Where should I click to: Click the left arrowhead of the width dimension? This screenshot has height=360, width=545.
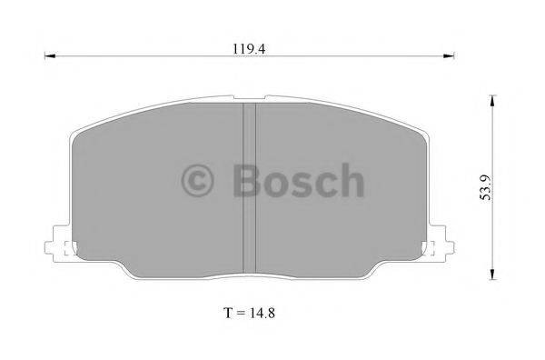[50, 56]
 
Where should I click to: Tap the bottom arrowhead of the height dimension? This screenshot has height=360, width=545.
[492, 275]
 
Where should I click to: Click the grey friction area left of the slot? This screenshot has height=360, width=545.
[154, 209]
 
